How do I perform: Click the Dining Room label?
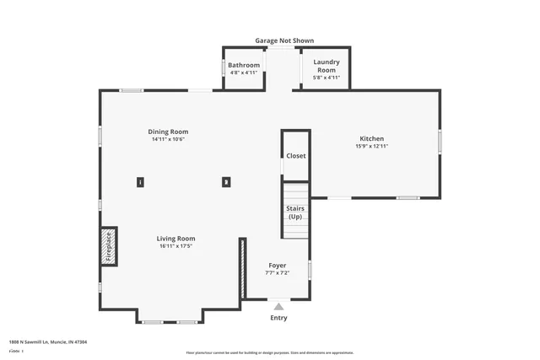coord(168,132)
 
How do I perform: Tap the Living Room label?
coord(176,239)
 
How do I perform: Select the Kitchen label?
coord(372,138)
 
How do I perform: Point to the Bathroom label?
coord(245,65)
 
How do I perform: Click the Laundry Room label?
coord(326,66)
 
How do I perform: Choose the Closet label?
coord(296,156)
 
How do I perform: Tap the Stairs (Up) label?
coord(295,212)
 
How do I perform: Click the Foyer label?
coord(278,265)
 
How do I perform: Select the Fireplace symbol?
coord(108,246)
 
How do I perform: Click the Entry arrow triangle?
coord(278,306)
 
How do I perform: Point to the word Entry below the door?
coord(278,318)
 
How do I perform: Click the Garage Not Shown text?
coord(285,40)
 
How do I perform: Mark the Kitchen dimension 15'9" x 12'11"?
coord(372,146)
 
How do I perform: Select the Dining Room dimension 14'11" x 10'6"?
coord(168,139)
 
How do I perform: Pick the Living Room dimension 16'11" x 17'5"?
coord(176,246)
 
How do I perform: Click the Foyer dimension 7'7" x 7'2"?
coord(278,272)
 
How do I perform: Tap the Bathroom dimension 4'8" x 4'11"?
coord(245,73)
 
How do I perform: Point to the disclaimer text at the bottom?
coord(269,353)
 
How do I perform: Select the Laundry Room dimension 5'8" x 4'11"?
coord(326,78)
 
